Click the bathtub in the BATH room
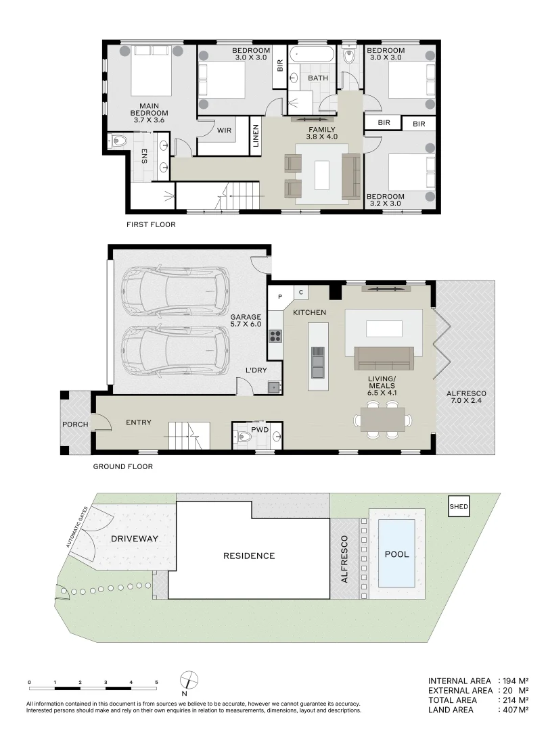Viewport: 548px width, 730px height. pos(311,55)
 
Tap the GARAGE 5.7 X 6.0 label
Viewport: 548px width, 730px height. pos(246,320)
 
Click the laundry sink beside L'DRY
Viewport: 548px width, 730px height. pos(275,387)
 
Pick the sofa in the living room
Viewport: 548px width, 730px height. pos(384,356)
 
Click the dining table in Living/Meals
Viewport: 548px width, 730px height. pos(382,419)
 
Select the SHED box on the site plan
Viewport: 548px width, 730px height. pos(459,506)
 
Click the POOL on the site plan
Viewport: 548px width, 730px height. pos(397,554)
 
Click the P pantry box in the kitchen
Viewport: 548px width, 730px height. pos(279,295)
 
